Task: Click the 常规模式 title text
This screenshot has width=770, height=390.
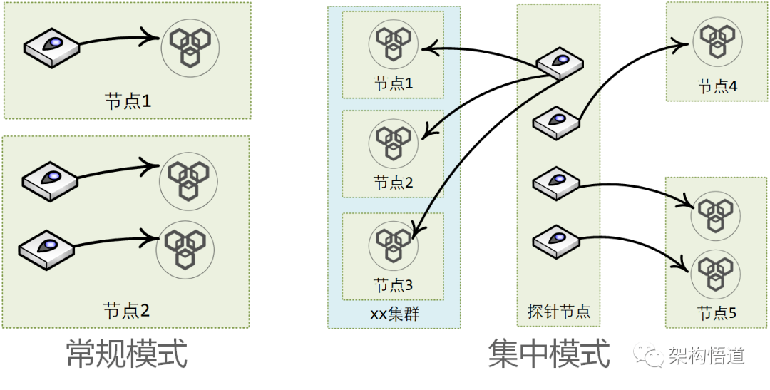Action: [x=127, y=353]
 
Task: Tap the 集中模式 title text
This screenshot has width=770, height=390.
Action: [x=549, y=353]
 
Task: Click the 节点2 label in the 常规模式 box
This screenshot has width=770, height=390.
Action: [x=127, y=311]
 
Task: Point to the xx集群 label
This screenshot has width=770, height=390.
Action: [x=394, y=313]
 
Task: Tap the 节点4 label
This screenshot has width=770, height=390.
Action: [x=718, y=87]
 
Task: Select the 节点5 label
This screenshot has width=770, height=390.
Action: [x=717, y=313]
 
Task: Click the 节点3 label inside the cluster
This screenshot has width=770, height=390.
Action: [x=394, y=286]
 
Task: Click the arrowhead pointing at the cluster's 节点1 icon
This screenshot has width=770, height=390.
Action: [x=426, y=48]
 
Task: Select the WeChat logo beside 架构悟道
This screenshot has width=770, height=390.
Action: [x=650, y=354]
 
